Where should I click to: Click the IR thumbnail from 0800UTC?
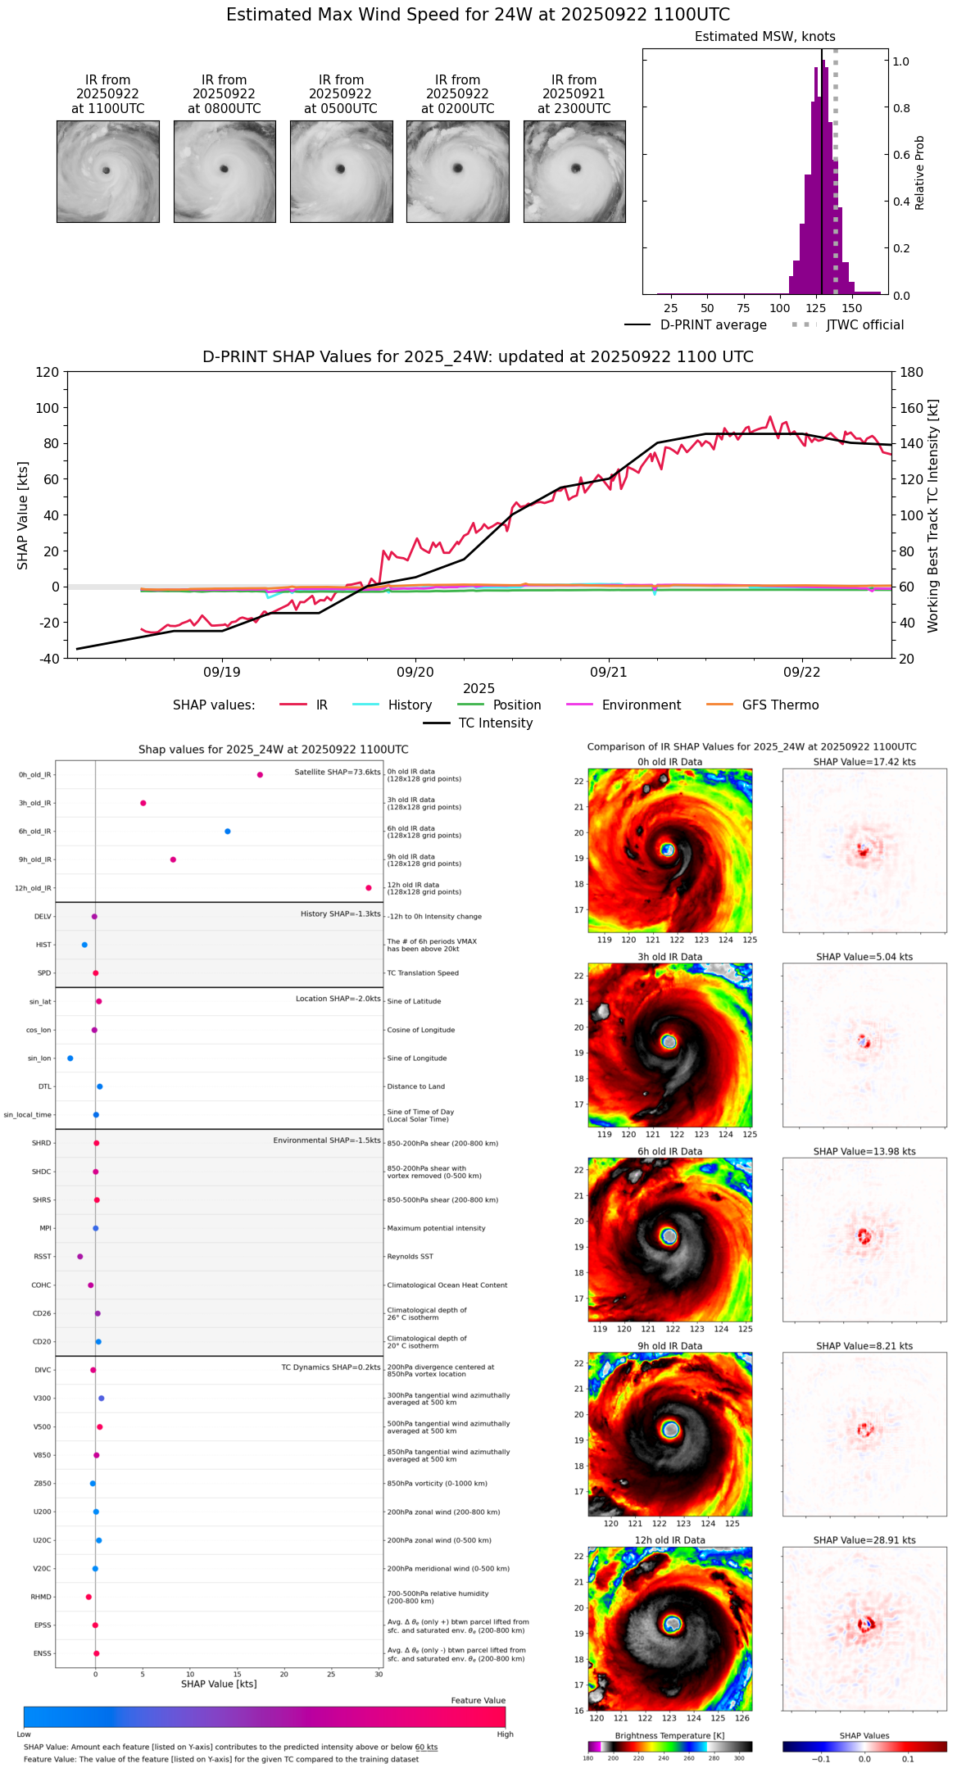225,171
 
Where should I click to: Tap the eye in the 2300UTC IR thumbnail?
576,168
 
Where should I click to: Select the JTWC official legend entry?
864,325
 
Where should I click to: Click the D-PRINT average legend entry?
713,325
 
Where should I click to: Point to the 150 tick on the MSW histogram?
852,308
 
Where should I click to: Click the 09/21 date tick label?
608,672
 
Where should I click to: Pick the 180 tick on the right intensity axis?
912,372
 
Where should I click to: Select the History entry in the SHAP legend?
410,705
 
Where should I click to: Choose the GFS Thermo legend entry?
780,705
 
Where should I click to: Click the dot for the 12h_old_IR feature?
369,887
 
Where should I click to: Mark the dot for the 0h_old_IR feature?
260,774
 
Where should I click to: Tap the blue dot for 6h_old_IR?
228,831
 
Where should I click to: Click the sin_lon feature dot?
70,1058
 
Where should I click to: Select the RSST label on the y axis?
43,1256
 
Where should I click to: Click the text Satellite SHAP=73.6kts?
337,772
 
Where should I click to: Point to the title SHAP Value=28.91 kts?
864,1539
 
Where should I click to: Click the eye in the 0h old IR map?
667,850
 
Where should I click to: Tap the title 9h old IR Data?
669,1345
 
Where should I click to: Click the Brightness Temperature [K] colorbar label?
669,1735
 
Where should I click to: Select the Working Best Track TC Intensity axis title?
932,516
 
